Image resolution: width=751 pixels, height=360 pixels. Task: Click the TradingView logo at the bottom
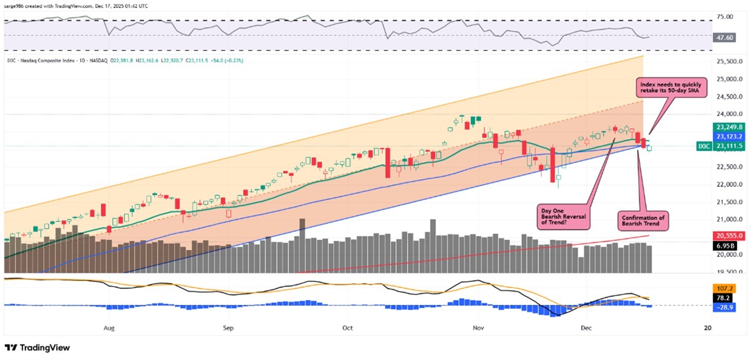[37, 348]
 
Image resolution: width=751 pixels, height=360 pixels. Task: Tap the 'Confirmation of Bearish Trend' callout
[643, 220]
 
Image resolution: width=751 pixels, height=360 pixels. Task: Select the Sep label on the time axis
[228, 328]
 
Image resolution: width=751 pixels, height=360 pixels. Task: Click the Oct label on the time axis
[348, 328]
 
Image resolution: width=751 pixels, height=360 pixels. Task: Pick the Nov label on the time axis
[477, 328]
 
